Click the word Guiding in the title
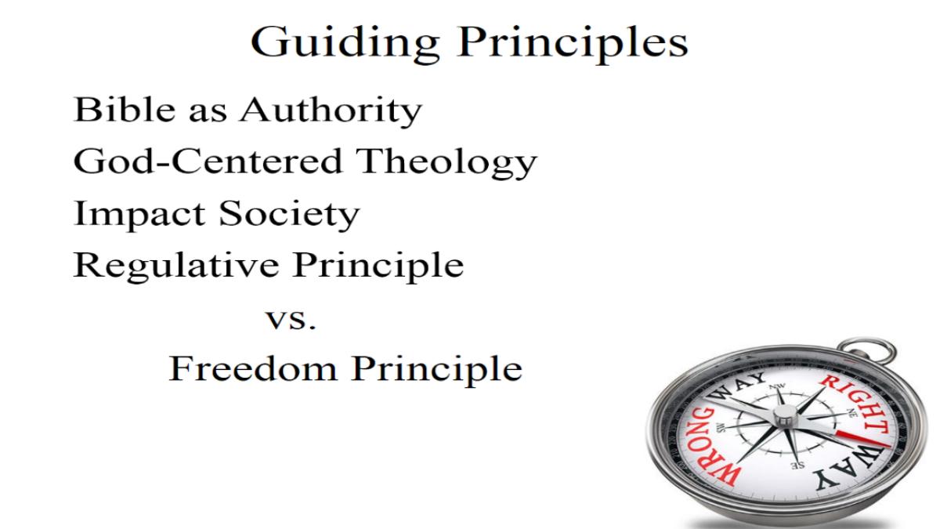tap(345, 44)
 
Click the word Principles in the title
tap(573, 44)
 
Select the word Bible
tap(125, 109)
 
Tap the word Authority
tap(331, 111)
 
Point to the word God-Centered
tap(208, 161)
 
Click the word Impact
tap(139, 215)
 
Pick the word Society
tap(289, 215)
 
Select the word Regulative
tap(176, 266)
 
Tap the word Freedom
tap(253, 368)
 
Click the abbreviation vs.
tap(291, 320)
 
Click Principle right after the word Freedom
tap(437, 369)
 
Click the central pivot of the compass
tap(785, 415)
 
